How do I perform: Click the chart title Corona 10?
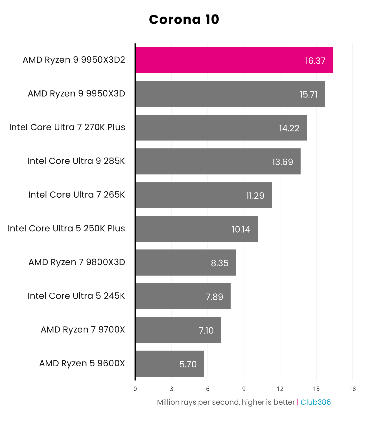coord(184,20)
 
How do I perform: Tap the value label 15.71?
coord(308,94)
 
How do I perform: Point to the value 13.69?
coord(282,162)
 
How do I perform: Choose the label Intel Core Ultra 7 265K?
coord(76,195)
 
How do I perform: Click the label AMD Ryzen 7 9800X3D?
coord(77,262)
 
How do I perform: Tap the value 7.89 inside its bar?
coord(214,297)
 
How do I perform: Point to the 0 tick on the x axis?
coord(135,389)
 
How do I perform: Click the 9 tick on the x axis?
coord(244,389)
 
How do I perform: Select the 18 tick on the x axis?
coord(352,389)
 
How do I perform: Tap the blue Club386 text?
coord(316,402)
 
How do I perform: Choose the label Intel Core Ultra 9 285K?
coord(76,161)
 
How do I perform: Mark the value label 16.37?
coord(315,61)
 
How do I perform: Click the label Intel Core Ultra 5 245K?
coord(76,296)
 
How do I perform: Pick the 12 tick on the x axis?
coord(280,389)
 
